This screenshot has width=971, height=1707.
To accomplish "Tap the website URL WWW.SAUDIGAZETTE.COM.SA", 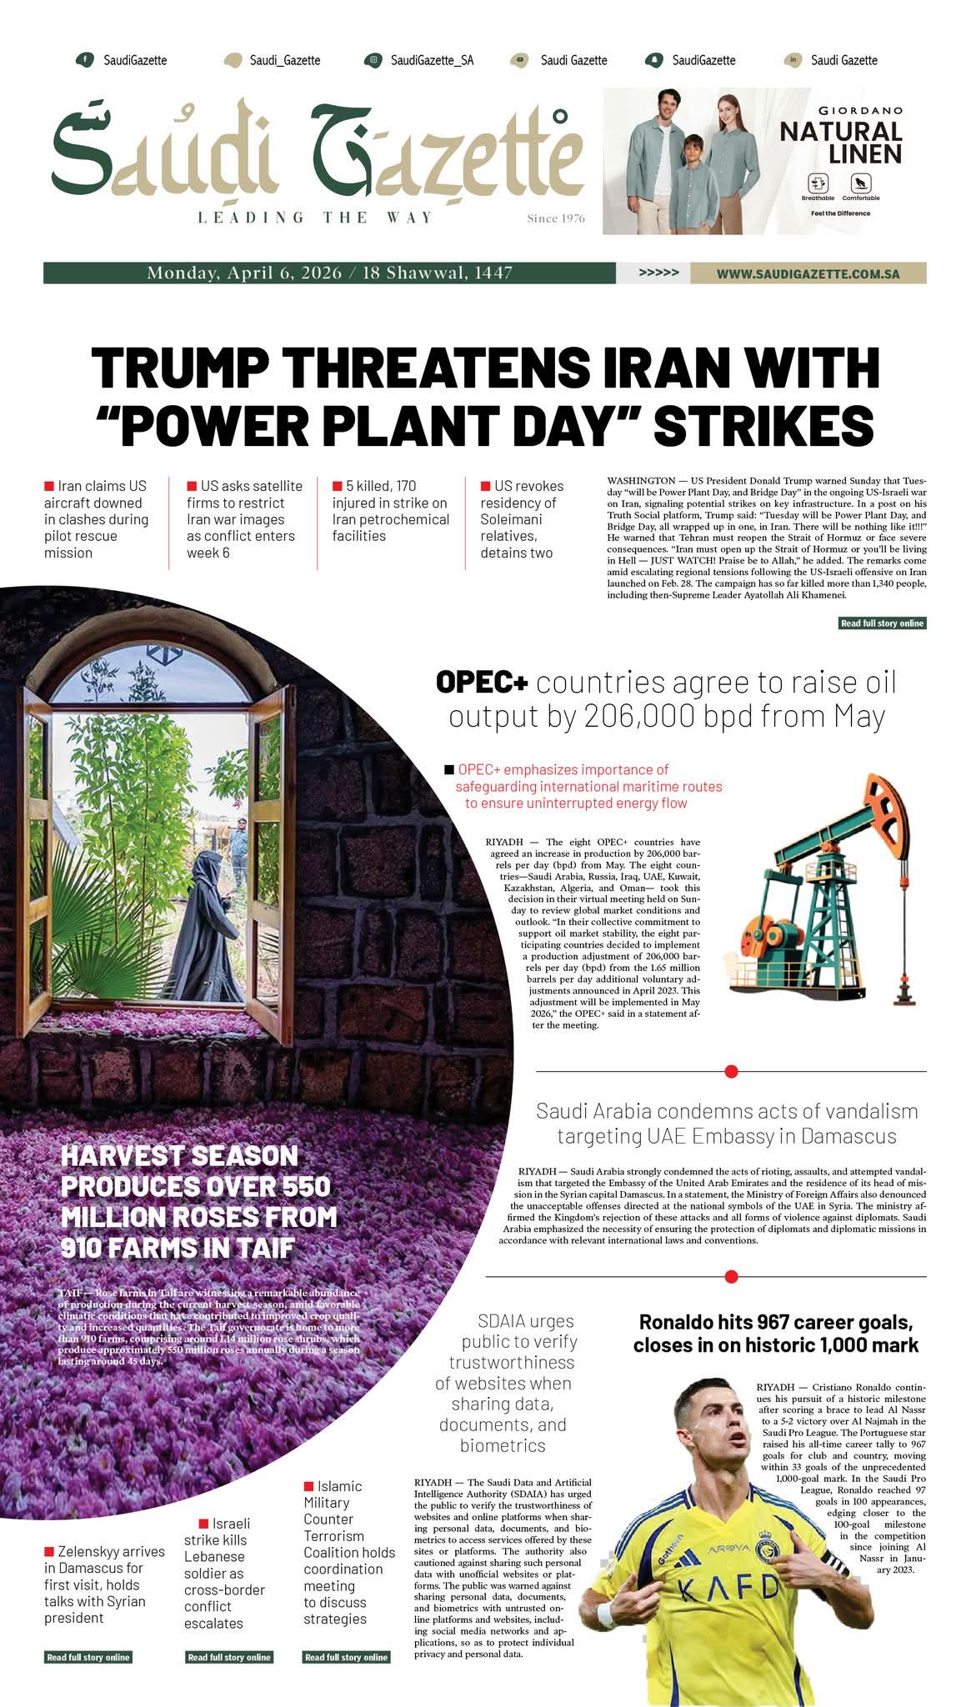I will coord(808,273).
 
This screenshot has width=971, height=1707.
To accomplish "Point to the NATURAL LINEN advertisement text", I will coord(841,143).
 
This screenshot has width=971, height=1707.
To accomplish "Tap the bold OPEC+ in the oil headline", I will coord(482,683).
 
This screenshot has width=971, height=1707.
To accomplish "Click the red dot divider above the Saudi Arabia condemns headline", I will coord(731,1071).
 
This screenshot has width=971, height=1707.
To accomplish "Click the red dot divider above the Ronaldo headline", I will coord(731,1276).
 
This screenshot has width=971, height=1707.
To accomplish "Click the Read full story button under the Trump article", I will coord(882,623).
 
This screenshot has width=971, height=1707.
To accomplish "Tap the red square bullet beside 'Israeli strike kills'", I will coord(203,1524).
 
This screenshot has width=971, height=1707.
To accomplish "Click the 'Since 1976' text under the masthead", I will coord(556,219).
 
